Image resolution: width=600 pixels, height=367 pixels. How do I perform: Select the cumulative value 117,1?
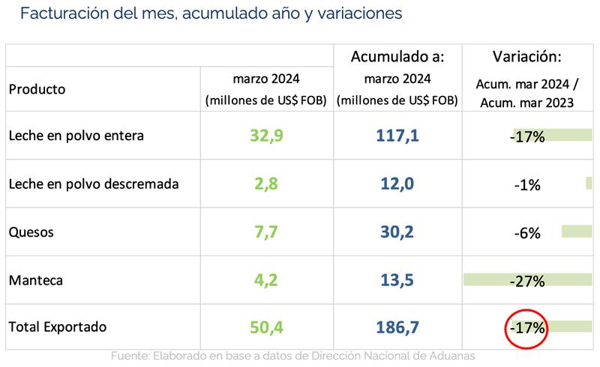pos(398,136)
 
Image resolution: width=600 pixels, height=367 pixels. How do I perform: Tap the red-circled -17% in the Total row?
pos(527,327)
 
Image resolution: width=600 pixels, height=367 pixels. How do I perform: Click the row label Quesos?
pos(31,232)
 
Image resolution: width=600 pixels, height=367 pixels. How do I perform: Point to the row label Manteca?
pos(36,280)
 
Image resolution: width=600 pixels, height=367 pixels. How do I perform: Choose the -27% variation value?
pos(527,280)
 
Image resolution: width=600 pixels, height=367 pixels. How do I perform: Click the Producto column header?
pos(37,88)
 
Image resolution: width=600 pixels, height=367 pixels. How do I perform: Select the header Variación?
pos(527,56)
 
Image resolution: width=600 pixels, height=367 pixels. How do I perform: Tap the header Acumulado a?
pos(398,56)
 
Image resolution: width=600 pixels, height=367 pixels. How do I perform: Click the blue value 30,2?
pos(398,232)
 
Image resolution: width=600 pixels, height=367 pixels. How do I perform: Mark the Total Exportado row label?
pos(58,327)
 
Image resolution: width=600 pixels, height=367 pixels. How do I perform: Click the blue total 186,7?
pos(398,327)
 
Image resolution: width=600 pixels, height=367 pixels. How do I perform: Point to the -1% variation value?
pos(527,184)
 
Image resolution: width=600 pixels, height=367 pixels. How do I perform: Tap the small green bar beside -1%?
pos(589,183)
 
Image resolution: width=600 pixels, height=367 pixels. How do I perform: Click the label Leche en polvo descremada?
pos(93,184)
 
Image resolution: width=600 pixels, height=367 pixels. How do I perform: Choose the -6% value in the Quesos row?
pos(527,232)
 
